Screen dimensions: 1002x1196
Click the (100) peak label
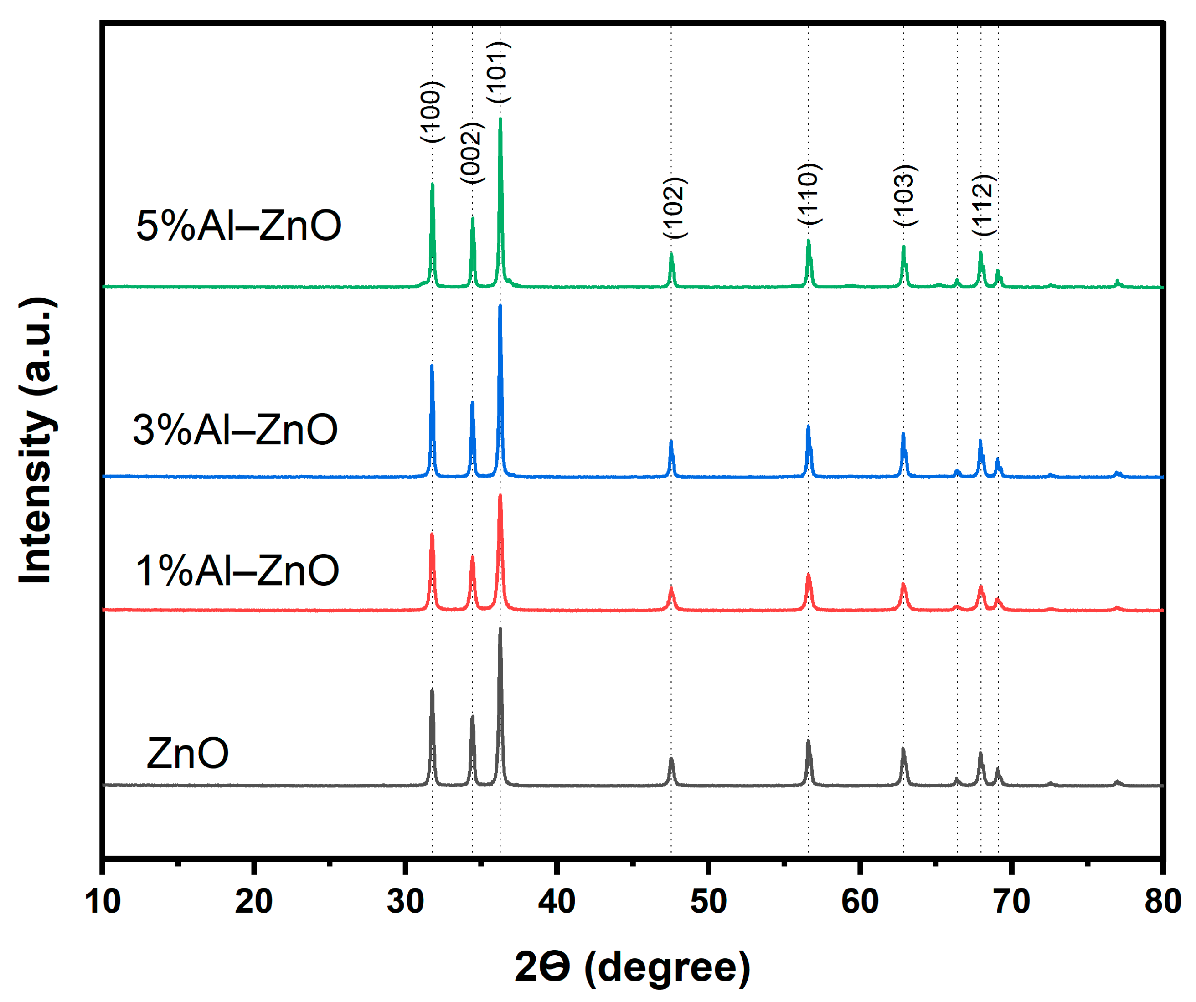click(432, 112)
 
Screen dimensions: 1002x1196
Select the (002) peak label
click(472, 153)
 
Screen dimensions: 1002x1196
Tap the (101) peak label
click(499, 72)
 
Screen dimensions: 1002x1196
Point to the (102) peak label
click(675, 208)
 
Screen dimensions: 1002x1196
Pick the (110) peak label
click(809, 194)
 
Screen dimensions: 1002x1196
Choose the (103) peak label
click(904, 195)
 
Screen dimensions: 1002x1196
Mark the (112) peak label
click(984, 205)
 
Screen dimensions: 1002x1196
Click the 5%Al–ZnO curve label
click(239, 226)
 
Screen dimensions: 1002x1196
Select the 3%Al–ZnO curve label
click(235, 430)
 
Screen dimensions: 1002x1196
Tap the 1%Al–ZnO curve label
click(237, 570)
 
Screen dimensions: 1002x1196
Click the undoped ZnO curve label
click(187, 753)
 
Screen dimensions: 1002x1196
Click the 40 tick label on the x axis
click(557, 902)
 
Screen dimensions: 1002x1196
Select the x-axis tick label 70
click(1011, 902)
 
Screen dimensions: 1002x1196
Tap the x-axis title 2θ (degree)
click(632, 967)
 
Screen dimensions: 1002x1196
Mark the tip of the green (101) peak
click(500, 118)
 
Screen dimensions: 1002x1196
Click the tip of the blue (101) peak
click(500, 305)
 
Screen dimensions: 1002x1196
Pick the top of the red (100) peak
click(432, 534)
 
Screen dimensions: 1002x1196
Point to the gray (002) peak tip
click(472, 716)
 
